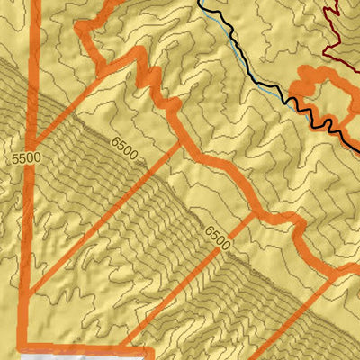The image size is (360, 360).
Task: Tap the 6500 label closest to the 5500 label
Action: pos(125,148)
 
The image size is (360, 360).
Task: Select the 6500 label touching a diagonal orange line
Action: pos(217,238)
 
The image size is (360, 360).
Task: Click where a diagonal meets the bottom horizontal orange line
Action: pos(135,345)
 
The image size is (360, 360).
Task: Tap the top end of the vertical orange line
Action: pos(36,3)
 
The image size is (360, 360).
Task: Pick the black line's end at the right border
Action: pos(357,150)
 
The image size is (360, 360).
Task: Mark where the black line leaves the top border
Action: pos(200,3)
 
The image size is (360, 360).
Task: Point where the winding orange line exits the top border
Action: pos(112,4)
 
